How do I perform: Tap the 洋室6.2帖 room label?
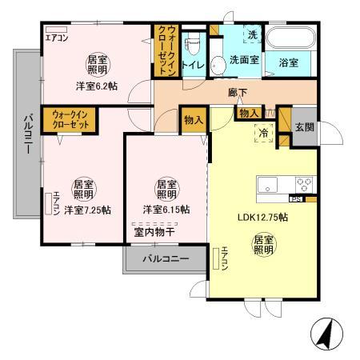pos(95,86)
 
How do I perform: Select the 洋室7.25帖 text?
pos(87,210)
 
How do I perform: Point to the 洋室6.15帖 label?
pos(166,210)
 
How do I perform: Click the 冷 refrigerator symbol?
pos(263,132)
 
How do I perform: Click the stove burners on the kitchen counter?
pos(303,185)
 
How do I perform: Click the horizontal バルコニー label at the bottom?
pos(166,259)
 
